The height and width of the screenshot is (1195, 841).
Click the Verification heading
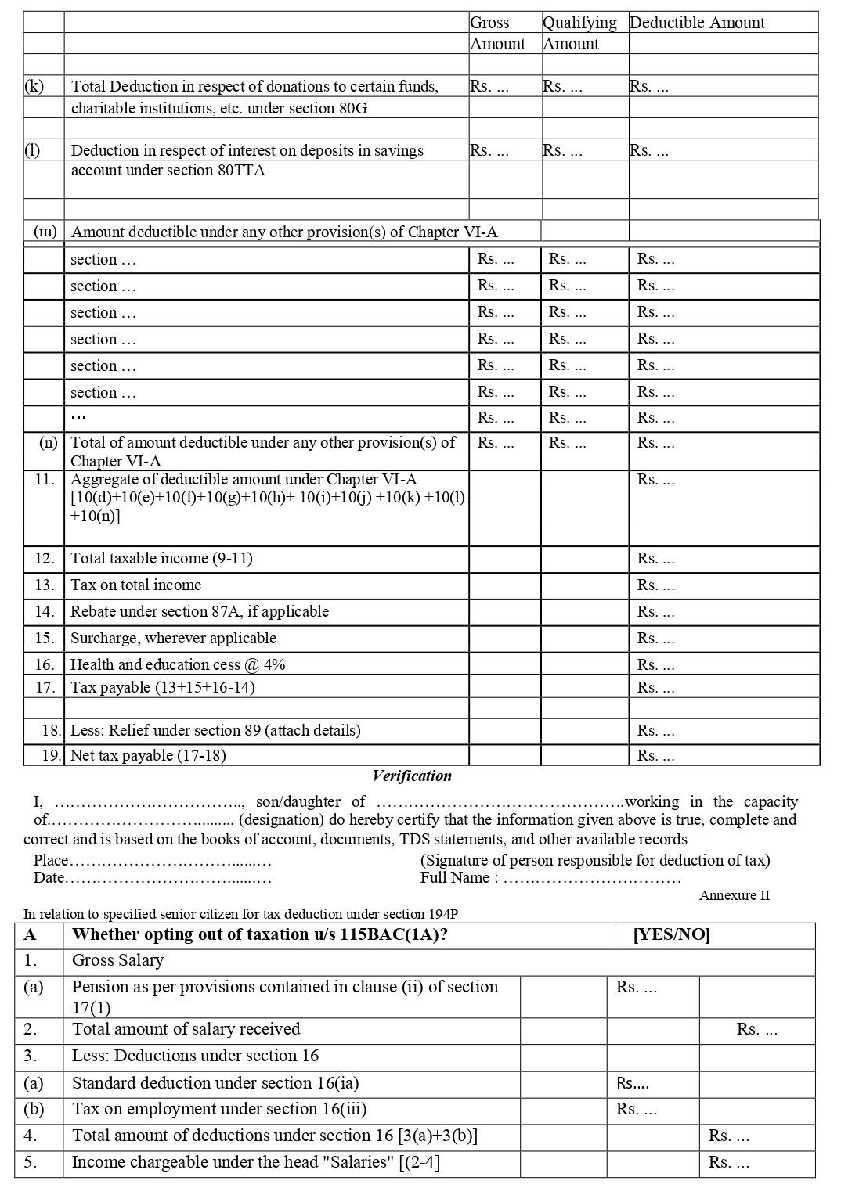[412, 776]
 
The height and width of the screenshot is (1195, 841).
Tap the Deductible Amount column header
[697, 23]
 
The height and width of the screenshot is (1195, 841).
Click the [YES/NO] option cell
[671, 934]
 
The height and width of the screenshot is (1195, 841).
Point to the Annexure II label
[734, 895]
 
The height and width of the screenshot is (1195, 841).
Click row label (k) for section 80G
[34, 86]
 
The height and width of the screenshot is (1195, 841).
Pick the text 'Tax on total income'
[135, 585]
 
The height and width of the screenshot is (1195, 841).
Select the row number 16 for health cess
[45, 664]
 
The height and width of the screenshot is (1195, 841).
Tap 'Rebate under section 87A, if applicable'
[200, 611]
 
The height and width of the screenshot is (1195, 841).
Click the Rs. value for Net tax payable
[655, 755]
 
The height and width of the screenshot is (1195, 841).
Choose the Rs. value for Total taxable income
[655, 559]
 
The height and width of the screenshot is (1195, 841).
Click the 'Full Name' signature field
[591, 878]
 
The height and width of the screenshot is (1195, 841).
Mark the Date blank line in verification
[168, 878]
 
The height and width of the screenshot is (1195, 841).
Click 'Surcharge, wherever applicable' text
[173, 638]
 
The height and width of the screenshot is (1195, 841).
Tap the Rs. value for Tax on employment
[636, 1109]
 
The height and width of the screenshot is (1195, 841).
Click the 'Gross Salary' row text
[117, 960]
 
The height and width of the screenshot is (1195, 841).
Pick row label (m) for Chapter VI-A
[45, 232]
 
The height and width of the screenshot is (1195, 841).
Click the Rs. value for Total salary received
[756, 1029]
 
